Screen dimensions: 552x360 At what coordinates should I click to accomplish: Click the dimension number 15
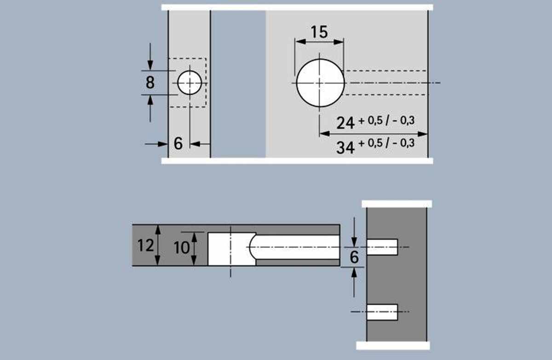point(319,32)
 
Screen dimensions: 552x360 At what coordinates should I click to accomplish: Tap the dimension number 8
point(150,82)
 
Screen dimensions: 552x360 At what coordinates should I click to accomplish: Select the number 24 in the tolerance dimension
point(345,123)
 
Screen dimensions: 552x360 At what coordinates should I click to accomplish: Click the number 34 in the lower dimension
point(345,148)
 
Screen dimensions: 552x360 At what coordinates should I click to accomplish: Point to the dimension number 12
point(146,246)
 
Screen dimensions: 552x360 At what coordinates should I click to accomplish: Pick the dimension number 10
point(182,248)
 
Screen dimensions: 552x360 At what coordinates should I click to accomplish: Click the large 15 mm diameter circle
point(320,83)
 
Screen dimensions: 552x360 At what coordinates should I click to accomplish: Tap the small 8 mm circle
point(190,83)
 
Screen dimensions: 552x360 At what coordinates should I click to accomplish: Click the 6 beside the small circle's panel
point(178,143)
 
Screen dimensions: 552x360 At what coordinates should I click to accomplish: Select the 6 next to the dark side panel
point(354,257)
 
